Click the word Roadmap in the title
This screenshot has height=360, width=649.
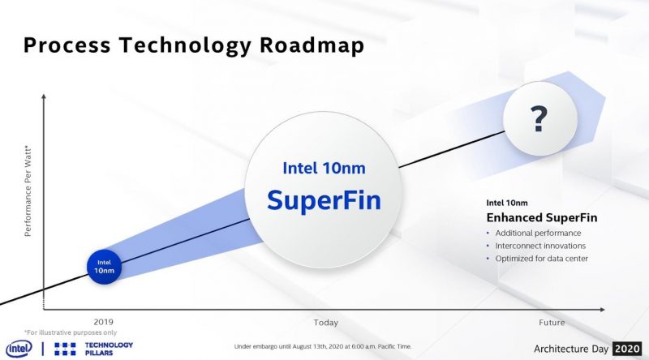pos(312,45)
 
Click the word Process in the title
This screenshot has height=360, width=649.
pos(67,45)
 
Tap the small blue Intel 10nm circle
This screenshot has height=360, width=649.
pos(104,267)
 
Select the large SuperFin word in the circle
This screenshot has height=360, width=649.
pos(324,200)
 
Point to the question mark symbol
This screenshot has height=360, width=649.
pos(539,119)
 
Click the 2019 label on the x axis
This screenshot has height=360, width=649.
pos(103,322)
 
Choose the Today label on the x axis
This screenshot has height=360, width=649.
pos(326,323)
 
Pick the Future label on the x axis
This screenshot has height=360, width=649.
pos(552,323)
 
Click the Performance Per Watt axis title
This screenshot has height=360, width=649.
pos(28,191)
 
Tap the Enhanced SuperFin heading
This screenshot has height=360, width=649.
pos(542,217)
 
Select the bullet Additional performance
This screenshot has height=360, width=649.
pos(538,233)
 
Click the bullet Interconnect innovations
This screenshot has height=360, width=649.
pos(540,246)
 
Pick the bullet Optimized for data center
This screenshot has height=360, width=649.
pos(541,259)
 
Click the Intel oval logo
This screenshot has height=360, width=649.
pos(19,349)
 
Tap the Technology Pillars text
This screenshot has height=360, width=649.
pos(109,349)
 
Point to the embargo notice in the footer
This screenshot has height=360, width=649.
pos(323,346)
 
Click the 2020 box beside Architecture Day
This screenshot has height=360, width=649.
pos(627,349)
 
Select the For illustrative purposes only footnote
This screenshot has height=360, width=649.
pos(71,332)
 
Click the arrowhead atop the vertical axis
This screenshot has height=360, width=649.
pos(44,96)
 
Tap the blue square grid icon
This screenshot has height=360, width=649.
pos(65,349)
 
